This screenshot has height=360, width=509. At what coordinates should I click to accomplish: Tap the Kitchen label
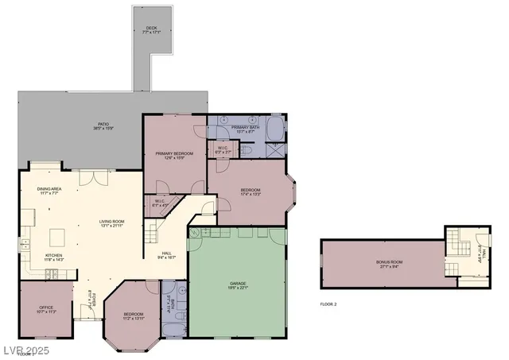click(x=42, y=257)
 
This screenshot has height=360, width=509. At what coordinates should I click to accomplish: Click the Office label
click(x=45, y=309)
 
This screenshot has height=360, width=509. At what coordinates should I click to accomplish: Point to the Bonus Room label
click(x=390, y=264)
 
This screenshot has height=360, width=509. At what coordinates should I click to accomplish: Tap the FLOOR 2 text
click(x=328, y=304)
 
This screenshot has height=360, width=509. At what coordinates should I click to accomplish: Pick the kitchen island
click(x=57, y=238)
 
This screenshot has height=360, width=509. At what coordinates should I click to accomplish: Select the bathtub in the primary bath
click(x=274, y=128)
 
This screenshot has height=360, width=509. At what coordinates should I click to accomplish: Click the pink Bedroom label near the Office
click(x=133, y=315)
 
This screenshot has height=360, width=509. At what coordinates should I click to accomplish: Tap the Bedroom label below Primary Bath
click(x=251, y=192)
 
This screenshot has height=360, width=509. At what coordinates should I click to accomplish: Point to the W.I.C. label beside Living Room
click(x=160, y=203)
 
